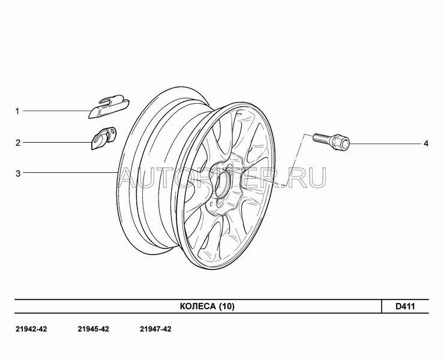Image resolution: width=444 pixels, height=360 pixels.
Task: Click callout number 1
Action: pyautogui.click(x=17, y=111)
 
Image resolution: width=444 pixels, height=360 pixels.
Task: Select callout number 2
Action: pyautogui.click(x=18, y=142)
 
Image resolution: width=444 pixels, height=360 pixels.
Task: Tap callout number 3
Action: pyautogui.click(x=18, y=173)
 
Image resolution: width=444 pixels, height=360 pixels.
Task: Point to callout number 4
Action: pyautogui.click(x=426, y=143)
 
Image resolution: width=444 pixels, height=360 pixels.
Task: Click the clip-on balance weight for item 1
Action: pyautogui.click(x=109, y=106)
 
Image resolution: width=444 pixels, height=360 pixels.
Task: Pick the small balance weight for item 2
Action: pyautogui.click(x=103, y=138)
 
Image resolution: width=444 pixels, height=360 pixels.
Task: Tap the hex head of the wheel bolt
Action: pyautogui.click(x=341, y=143)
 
